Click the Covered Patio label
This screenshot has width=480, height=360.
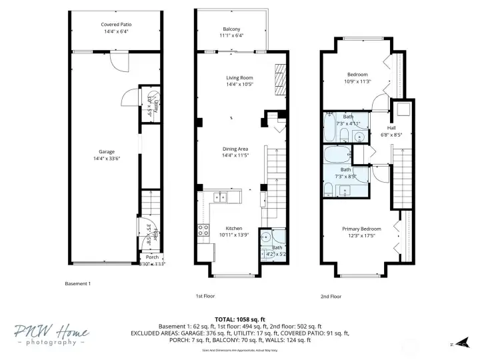click(116, 24)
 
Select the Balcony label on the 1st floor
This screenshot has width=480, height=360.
click(231, 29)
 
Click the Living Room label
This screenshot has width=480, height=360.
click(239, 78)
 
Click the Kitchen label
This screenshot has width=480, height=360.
click(233, 228)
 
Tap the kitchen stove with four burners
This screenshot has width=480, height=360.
click(203, 231)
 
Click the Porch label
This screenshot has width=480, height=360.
click(153, 257)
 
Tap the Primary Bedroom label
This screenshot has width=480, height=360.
click(362, 228)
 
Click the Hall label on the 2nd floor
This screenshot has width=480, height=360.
click(392, 127)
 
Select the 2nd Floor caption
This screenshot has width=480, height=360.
click(331, 296)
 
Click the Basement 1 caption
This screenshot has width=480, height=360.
click(77, 283)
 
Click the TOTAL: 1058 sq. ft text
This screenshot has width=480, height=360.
click(239, 319)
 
